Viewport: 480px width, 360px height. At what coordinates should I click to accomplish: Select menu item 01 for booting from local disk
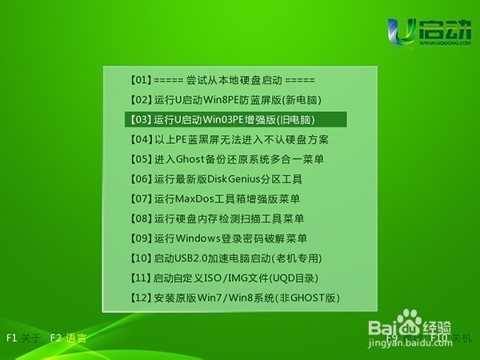pos(222,81)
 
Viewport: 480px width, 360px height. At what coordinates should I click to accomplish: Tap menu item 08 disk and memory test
pos(216,218)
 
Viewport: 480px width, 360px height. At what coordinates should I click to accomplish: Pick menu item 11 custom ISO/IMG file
pos(223,278)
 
